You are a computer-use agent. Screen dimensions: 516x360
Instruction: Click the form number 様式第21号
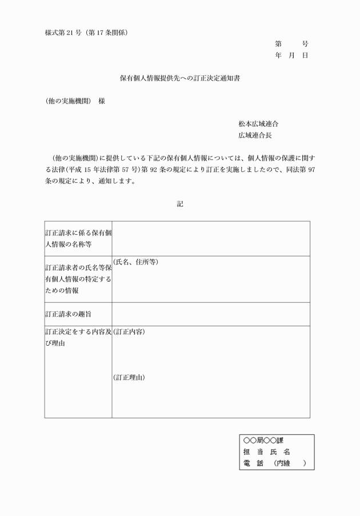(x=65, y=32)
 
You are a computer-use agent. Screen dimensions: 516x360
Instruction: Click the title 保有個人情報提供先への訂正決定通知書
(x=179, y=79)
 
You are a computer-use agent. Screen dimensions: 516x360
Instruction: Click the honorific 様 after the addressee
(x=102, y=102)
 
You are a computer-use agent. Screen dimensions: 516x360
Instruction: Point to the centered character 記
(x=179, y=204)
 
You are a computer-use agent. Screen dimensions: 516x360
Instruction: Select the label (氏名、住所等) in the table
(x=135, y=262)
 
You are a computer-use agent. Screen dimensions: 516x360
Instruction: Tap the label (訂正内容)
(x=129, y=331)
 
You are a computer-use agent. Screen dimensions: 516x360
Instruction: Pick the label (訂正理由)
(x=129, y=377)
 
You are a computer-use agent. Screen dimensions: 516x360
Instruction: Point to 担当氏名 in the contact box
(x=266, y=452)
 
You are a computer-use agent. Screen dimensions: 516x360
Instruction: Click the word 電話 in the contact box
(x=253, y=463)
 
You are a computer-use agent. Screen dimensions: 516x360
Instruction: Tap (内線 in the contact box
(x=282, y=463)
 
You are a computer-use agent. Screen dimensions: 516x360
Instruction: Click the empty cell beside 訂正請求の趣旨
(x=210, y=314)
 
